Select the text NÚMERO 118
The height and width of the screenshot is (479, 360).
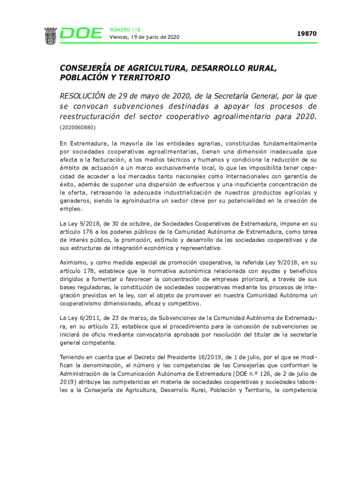click(125, 29)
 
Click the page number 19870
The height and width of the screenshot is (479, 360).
click(307, 34)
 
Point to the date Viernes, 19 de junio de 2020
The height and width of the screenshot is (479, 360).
click(144, 37)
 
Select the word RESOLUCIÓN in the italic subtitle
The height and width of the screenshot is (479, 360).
click(82, 96)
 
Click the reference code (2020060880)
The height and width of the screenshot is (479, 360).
click(77, 126)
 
